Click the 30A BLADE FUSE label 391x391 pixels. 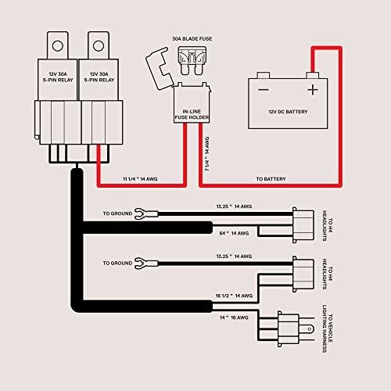click(x=192, y=39)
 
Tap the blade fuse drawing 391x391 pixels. click(x=192, y=61)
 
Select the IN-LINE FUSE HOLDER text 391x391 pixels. click(x=192, y=114)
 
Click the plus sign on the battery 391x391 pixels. click(x=313, y=89)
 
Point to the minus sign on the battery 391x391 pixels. click(x=264, y=90)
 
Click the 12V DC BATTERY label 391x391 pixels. click(x=288, y=112)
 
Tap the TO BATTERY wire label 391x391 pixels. click(x=271, y=179)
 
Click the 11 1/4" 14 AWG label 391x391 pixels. click(x=140, y=179)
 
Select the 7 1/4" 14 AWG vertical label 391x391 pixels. click(x=207, y=154)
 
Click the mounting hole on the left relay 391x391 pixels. click(x=58, y=46)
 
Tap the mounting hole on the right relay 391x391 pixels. click(x=99, y=46)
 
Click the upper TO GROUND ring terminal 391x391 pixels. click(x=146, y=213)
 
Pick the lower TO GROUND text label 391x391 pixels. click(x=117, y=264)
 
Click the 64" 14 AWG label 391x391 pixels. click(x=234, y=233)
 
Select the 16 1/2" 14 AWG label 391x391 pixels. click(x=234, y=296)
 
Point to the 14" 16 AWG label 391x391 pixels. click(x=234, y=317)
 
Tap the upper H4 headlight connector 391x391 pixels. click(x=303, y=225)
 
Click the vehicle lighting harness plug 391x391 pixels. click(x=289, y=329)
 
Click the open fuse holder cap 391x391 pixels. click(x=158, y=68)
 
